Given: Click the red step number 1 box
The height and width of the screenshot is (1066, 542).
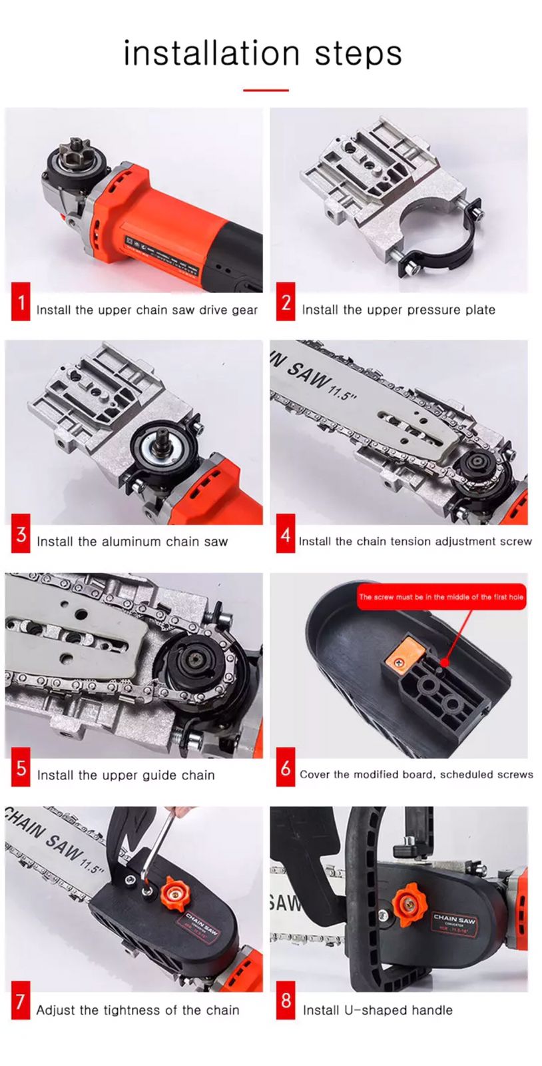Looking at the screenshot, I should (21, 302).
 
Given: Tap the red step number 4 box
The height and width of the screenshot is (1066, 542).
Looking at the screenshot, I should (286, 534).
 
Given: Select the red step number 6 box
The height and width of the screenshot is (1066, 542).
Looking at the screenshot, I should (286, 768).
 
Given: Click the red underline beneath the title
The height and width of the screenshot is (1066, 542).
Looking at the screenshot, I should (266, 90).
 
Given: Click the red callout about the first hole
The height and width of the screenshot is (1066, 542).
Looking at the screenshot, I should (441, 597).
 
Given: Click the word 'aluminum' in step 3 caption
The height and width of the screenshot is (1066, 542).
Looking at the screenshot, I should (131, 542).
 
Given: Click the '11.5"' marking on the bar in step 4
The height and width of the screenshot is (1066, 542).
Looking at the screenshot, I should (344, 393).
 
